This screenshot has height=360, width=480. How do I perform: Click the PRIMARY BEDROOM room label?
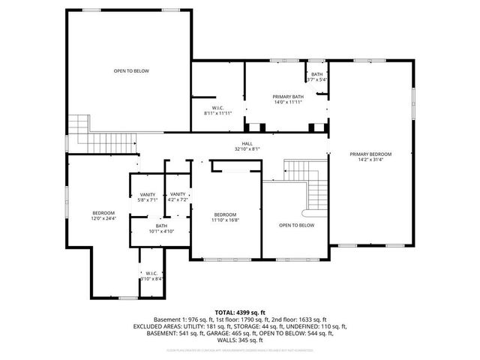coord(370,154)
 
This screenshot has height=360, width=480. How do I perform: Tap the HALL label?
coord(247,143)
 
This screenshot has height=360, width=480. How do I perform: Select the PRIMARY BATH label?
coord(287,96)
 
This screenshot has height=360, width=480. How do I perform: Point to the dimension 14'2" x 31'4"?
coord(370,160)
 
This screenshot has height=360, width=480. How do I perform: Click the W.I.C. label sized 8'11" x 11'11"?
coord(218,107)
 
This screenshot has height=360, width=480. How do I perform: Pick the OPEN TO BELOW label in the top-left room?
coord(131,70)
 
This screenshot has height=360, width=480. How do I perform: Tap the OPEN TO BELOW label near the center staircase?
coord(297,225)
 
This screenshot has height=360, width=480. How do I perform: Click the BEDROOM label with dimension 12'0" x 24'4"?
coord(103,212)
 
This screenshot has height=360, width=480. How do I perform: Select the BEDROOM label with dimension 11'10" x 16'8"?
coord(226,215)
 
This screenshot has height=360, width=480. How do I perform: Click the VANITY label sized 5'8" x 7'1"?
coord(147,194)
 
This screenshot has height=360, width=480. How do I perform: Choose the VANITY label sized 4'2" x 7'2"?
coord(178,194)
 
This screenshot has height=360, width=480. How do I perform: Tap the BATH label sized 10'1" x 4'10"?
coord(161,226)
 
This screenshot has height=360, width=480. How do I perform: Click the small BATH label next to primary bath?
coord(317,74)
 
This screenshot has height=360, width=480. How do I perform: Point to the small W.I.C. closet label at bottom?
coord(151,273)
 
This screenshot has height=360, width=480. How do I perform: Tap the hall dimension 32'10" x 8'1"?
coord(247,149)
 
